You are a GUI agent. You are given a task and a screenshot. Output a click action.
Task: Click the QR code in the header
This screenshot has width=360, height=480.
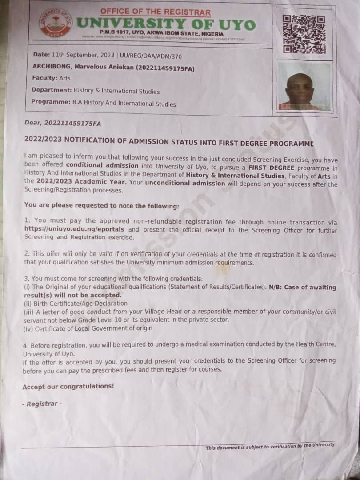pyautogui.click(x=304, y=35)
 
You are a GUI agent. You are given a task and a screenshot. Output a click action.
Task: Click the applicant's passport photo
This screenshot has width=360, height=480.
pyautogui.click(x=304, y=86)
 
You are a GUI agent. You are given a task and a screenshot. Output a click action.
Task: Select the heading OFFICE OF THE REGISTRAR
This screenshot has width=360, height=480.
pyautogui.click(x=156, y=12)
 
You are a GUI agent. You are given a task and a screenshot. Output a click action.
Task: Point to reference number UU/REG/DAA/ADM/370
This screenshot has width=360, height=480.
pyautogui.click(x=150, y=56)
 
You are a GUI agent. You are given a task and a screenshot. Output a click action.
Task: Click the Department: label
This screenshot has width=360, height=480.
pyautogui.click(x=51, y=90)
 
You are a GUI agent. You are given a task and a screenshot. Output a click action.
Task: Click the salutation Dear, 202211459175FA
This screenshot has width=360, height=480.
pyautogui.click(x=62, y=123)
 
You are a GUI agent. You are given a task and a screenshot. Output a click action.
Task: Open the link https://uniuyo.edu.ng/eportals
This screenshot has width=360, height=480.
pyautogui.click(x=74, y=230)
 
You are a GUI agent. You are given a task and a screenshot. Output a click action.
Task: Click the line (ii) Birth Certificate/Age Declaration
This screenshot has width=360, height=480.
pyautogui.click(x=75, y=304)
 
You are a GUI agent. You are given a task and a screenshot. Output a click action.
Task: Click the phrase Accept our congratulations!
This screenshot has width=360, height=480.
pyautogui.click(x=68, y=386)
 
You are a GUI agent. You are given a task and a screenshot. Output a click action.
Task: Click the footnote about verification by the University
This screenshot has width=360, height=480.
pyautogui.click(x=270, y=446)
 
